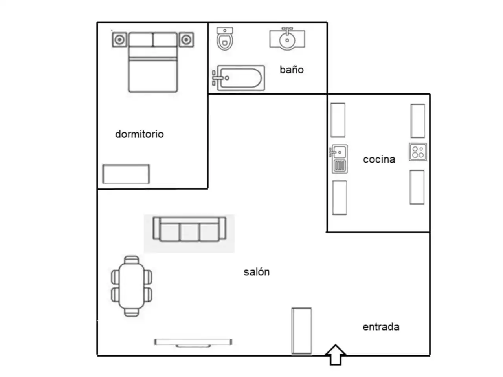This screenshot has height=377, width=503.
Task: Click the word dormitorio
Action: (140, 134)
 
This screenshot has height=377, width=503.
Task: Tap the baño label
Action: (292, 70)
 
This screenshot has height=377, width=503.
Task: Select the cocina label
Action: (379, 159)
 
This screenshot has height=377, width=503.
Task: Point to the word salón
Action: (257, 272)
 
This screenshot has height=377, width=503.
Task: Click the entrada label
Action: (381, 327)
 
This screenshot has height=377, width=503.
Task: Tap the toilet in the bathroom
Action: (225, 39)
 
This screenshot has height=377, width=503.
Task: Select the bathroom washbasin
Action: (287, 39)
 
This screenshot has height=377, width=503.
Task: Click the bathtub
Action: (238, 78)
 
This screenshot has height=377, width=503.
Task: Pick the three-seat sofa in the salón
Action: (189, 229)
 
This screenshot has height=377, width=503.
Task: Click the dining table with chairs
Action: (132, 286)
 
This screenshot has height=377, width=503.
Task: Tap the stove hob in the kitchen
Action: (418, 152)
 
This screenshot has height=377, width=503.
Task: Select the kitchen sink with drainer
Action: (339, 159)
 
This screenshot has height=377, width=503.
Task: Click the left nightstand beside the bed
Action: (119, 40)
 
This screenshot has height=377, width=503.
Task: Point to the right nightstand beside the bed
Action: (186, 40)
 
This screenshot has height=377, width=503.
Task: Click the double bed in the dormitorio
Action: (153, 62)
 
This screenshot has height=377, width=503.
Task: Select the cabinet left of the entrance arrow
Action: (301, 331)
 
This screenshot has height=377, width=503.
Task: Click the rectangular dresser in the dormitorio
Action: (126, 174)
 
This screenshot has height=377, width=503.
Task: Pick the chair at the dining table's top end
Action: (132, 260)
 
